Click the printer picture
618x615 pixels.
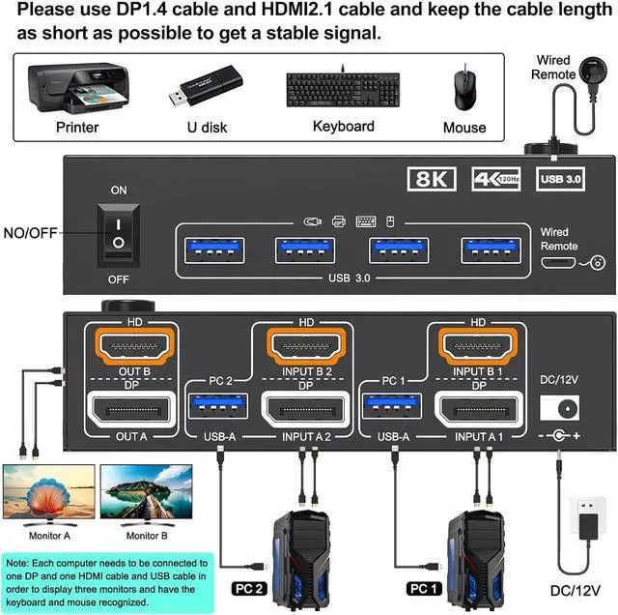(77, 88)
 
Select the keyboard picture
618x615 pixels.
(344, 89)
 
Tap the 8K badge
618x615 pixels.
(430, 179)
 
